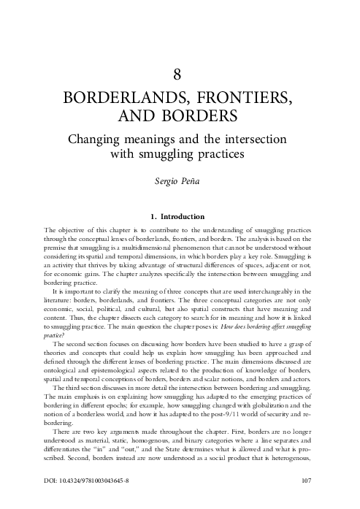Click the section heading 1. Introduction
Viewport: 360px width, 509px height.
[180, 216]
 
